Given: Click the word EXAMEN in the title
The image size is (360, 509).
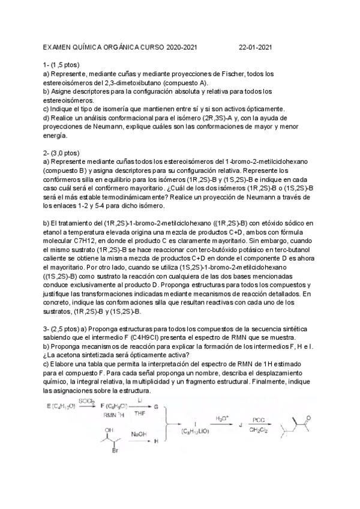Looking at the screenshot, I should coord(59,46).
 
